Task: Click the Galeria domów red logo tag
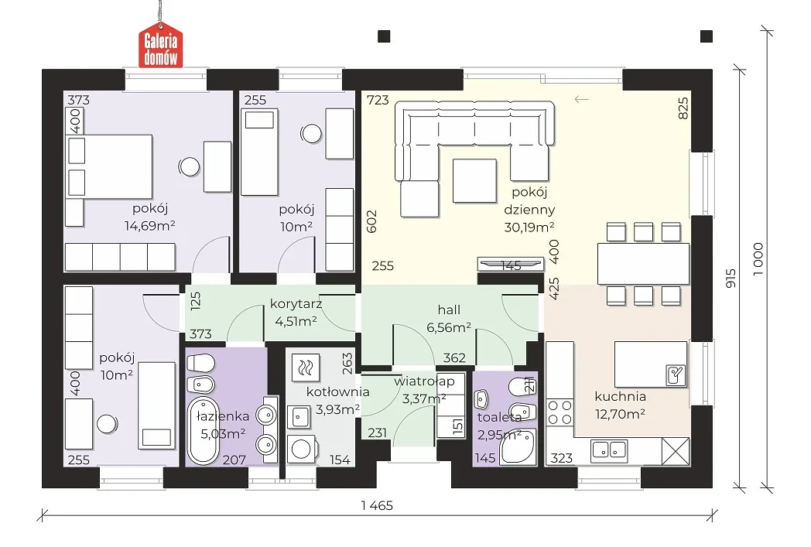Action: tap(160, 45)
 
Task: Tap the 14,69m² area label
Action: tap(149, 226)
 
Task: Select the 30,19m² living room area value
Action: tap(529, 227)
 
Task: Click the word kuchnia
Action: tap(620, 397)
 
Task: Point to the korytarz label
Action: tap(296, 304)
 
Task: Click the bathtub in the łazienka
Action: tap(203, 431)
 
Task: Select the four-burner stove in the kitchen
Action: tap(560, 412)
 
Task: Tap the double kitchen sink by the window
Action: tap(609, 449)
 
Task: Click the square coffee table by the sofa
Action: tap(474, 180)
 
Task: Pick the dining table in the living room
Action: tap(643, 264)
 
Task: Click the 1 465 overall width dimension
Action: tap(377, 506)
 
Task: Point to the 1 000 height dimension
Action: tap(758, 259)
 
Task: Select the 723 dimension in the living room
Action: tap(378, 101)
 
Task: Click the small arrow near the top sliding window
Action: tap(581, 99)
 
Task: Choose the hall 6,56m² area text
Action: tap(448, 328)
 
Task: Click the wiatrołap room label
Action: tap(424, 381)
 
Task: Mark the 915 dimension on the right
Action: tap(731, 279)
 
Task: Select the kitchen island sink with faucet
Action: tap(676, 374)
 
